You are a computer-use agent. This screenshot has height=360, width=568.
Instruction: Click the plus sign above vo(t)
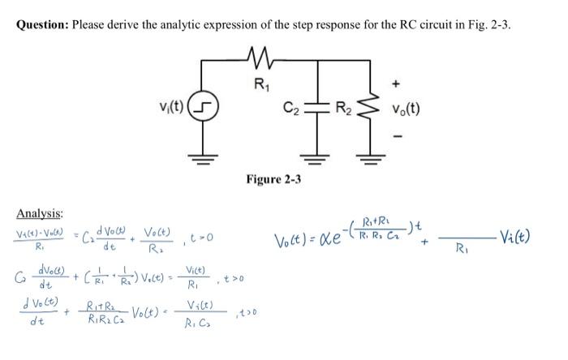pos(397,82)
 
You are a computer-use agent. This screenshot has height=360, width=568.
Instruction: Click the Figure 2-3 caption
pos(273,178)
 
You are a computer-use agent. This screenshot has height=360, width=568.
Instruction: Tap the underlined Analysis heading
pos(40,213)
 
